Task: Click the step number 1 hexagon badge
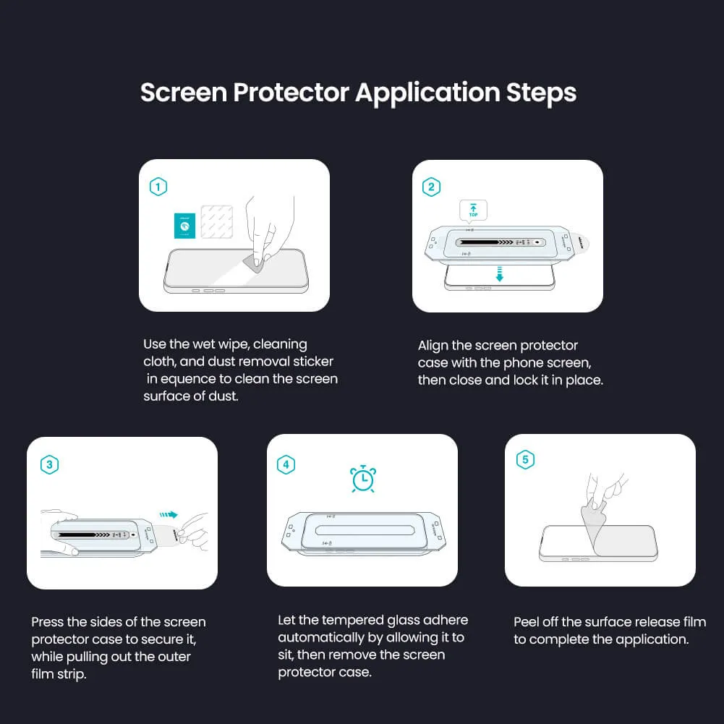(x=158, y=187)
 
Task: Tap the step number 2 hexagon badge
(x=431, y=187)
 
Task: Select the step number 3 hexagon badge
(x=49, y=464)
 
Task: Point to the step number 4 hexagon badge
(x=286, y=464)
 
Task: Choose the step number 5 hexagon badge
(x=525, y=459)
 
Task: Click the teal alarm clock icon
(x=362, y=479)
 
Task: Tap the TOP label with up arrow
(x=474, y=210)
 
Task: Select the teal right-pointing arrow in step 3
(x=169, y=515)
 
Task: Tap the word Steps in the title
(x=541, y=93)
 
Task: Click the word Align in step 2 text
(x=433, y=346)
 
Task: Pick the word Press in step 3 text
(x=48, y=622)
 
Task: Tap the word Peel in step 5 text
(x=527, y=622)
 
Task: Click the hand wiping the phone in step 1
(x=271, y=228)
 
